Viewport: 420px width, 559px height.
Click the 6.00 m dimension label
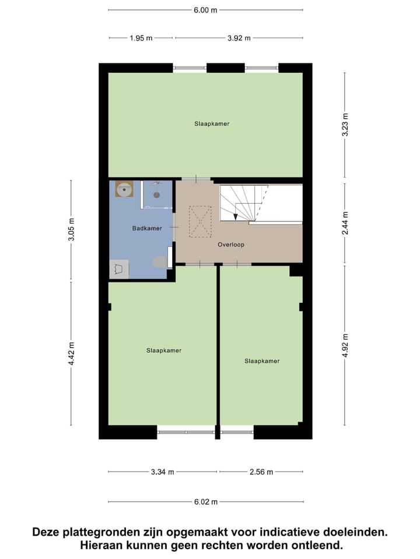click(x=206, y=10)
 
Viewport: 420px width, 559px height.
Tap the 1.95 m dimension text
click(x=141, y=38)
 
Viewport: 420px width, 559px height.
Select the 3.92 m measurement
click(x=239, y=38)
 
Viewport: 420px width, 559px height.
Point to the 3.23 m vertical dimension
click(x=345, y=125)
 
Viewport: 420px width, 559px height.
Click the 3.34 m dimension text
click(x=163, y=472)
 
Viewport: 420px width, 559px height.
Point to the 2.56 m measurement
click(x=261, y=472)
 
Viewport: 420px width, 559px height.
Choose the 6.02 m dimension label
click(x=206, y=502)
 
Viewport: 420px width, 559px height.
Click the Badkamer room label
click(x=147, y=228)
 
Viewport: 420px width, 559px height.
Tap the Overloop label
click(x=231, y=245)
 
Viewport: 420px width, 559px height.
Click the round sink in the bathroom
click(x=124, y=189)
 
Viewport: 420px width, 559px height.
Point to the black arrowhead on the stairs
click(x=236, y=217)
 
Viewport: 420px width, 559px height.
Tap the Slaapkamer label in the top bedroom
click(x=212, y=123)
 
